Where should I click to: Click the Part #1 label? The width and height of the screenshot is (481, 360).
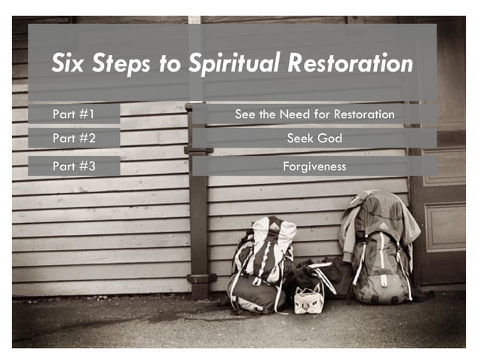pyautogui.click(x=73, y=114)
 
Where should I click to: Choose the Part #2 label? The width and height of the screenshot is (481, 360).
pyautogui.click(x=74, y=139)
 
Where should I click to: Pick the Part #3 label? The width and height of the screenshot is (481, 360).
pyautogui.click(x=74, y=166)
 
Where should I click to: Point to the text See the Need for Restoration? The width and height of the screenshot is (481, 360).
pyautogui.click(x=314, y=114)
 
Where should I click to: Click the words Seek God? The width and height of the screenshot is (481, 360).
pyautogui.click(x=314, y=139)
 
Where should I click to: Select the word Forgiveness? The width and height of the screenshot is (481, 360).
pyautogui.click(x=314, y=166)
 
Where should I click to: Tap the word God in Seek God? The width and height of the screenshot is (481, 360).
pyautogui.click(x=329, y=139)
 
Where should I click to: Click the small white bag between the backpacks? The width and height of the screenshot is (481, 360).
pyautogui.click(x=308, y=299)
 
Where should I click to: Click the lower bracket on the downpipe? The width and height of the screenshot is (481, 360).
pyautogui.click(x=200, y=279)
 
